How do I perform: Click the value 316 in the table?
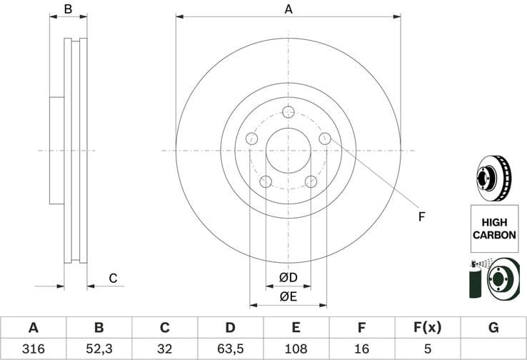(33, 349)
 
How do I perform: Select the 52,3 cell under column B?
(99, 349)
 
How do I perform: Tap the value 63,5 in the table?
(230, 349)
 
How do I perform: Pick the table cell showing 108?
(296, 349)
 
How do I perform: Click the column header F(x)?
(427, 328)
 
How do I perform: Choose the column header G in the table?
(493, 328)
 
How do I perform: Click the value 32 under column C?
(164, 349)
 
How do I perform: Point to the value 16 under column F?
(361, 349)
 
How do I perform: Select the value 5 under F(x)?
(427, 349)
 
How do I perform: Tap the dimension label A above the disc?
(288, 9)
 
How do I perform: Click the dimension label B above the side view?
(69, 9)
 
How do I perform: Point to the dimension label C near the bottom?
(112, 278)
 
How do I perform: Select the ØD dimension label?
(288, 276)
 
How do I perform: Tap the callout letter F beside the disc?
(421, 216)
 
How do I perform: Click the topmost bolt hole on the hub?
(288, 112)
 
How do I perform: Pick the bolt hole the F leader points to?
(325, 139)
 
